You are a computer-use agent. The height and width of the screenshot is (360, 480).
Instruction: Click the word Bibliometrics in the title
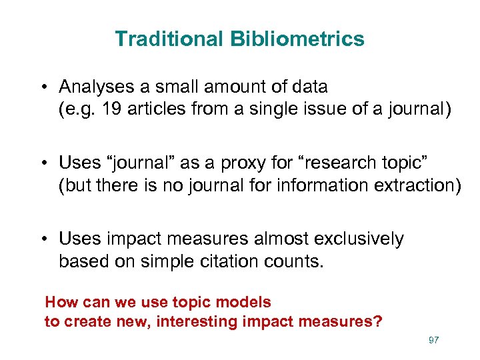[x=297, y=39]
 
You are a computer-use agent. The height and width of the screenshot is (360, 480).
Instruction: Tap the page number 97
[x=433, y=341]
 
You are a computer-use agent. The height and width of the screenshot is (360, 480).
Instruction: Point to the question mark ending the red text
[x=378, y=322]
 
